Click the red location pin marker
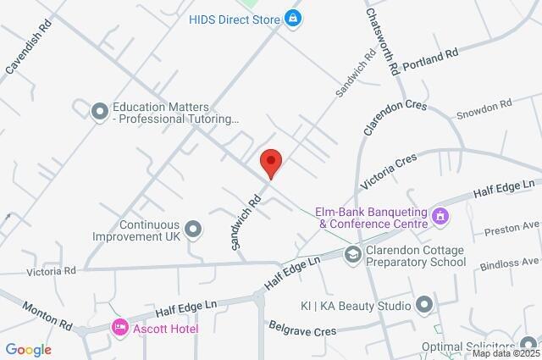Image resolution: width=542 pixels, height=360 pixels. tap(270, 162)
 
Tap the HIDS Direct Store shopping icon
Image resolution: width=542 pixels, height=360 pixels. tap(293, 18)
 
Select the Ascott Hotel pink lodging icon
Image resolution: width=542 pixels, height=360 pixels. tap(120, 327)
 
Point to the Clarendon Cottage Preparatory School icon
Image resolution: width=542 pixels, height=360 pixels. tap(352, 254)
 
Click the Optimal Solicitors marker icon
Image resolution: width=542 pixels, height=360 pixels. tap(528, 346)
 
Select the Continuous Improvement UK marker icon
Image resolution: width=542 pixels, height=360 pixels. tap(194, 229)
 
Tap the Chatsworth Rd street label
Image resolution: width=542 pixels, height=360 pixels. tap(382, 43)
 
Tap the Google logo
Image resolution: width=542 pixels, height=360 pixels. tap(28, 349)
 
